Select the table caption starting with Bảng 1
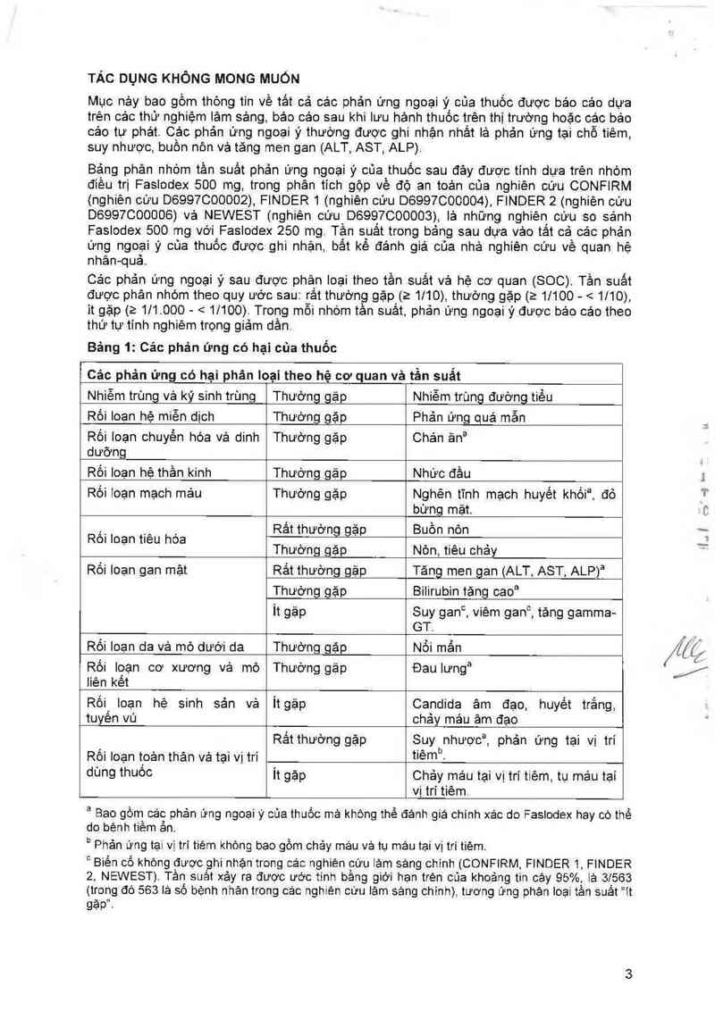point(211,345)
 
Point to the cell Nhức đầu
point(442,472)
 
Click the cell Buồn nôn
point(440,530)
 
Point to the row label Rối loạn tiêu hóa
point(137,539)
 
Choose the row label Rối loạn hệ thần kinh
point(149,472)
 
